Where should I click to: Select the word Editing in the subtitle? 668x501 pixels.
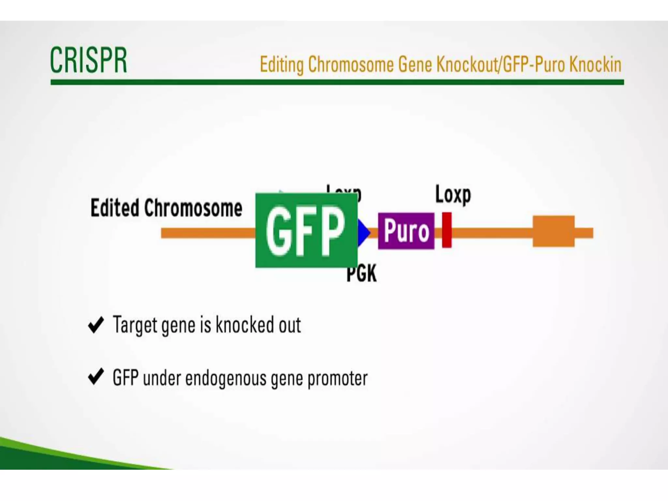281,65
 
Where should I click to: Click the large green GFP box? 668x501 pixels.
306,230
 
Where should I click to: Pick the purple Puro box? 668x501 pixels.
406,231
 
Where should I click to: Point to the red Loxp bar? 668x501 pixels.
447,230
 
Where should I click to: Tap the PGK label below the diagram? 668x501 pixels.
361,273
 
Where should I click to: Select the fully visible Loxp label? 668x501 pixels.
453,195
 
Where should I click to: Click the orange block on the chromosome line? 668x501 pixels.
554,231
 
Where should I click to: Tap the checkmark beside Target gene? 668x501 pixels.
96,325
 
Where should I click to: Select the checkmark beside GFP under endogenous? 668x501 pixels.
96,377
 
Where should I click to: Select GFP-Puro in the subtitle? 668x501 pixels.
533,65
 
